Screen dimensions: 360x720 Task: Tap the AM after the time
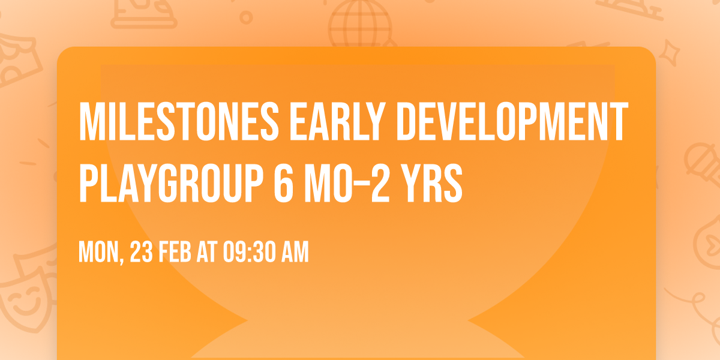(x=294, y=253)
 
